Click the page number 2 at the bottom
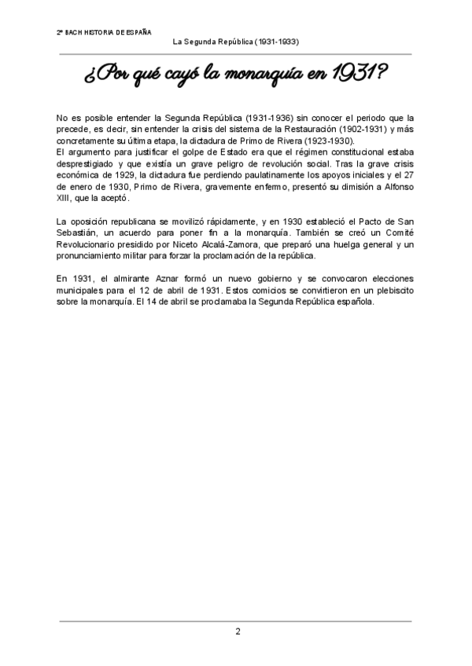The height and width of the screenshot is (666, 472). pos(238,631)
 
